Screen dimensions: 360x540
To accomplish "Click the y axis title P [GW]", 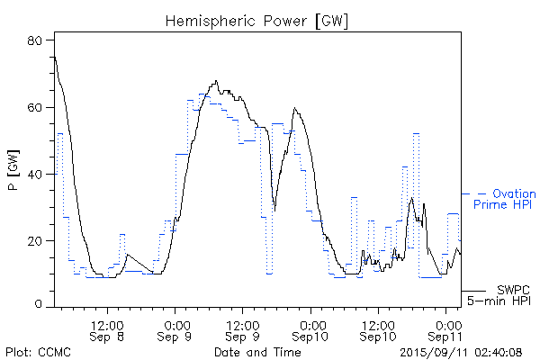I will point(14,173).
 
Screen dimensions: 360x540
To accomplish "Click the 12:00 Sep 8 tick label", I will point(107,329).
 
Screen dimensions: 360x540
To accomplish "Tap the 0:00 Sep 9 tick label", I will point(176,329).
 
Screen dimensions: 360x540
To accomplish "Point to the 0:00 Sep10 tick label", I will point(312,329).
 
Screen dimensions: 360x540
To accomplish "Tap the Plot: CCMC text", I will point(34,351).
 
